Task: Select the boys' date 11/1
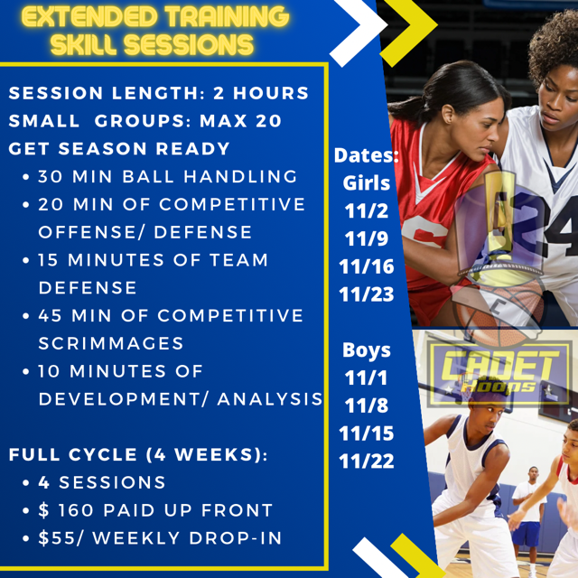point(366,378)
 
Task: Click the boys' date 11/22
point(366,461)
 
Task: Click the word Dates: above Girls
point(366,155)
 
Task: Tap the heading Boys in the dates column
point(366,350)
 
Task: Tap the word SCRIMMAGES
point(111,343)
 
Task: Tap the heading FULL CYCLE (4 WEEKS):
point(138,454)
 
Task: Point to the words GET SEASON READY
point(120,148)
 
